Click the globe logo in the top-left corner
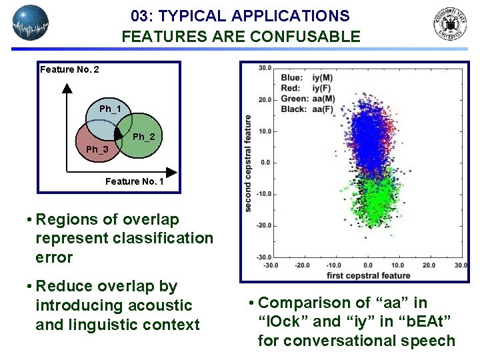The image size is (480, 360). tap(31, 23)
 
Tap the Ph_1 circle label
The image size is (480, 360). tap(110, 109)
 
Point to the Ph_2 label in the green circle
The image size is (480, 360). tap(143, 137)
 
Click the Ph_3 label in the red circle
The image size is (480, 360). tap(97, 149)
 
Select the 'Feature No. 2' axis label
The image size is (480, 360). tap(69, 69)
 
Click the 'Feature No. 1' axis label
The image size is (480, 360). tap(134, 181)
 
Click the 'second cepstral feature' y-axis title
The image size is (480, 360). tap(248, 163)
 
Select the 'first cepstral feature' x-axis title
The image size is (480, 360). tap(369, 275)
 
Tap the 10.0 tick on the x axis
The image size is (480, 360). tap(399, 265)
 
